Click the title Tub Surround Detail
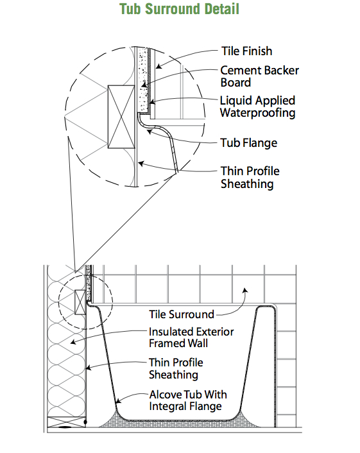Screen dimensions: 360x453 [180, 9]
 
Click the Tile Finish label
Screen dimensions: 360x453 [247, 51]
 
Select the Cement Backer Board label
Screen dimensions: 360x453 [259, 76]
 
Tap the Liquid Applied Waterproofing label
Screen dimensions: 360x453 [257, 107]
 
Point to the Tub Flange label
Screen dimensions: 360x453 [249, 142]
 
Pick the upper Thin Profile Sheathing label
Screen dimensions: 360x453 [250, 177]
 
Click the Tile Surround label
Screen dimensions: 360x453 [182, 314]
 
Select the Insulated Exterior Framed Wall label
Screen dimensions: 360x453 [191, 338]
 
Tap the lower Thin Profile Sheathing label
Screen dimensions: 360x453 [176, 369]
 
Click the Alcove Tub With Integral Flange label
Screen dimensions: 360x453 [188, 400]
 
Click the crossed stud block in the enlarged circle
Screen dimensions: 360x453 [121, 117]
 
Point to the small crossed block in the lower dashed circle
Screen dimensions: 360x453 [80, 302]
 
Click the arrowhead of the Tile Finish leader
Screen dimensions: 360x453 [159, 67]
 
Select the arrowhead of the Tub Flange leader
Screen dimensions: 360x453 [149, 132]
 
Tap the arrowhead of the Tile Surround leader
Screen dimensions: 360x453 [245, 290]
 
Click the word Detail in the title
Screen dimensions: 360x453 [222, 9]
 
